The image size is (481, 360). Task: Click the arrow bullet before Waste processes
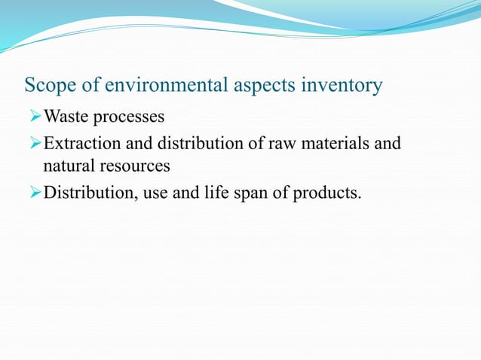coord(35,118)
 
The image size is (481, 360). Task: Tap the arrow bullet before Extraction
coord(35,143)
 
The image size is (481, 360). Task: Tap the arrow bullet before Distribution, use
coord(35,194)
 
